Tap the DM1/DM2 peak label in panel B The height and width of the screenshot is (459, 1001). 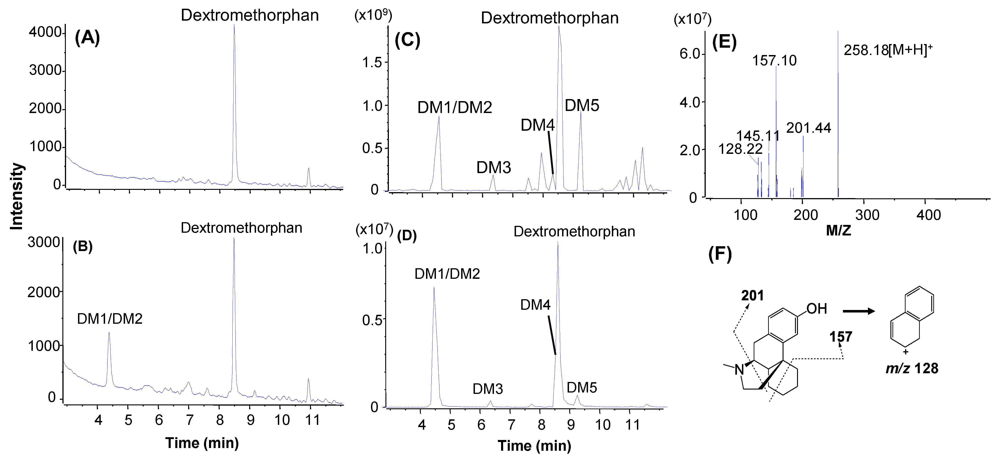(110, 319)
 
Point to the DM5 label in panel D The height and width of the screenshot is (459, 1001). (582, 387)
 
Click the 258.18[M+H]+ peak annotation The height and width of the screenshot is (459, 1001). (888, 50)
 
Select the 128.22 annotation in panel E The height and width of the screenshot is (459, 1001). (740, 149)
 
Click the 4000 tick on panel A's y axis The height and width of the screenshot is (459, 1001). (45, 32)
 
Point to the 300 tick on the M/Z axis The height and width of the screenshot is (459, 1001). (867, 215)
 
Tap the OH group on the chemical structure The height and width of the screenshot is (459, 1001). (816, 309)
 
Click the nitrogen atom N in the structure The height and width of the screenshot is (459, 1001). (739, 370)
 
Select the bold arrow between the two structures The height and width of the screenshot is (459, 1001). (858, 311)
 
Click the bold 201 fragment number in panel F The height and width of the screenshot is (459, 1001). (752, 296)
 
